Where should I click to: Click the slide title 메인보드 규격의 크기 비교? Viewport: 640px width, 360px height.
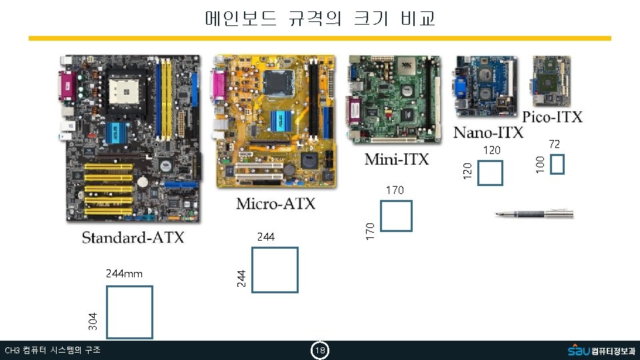[x=320, y=18]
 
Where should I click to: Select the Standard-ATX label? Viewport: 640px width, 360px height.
[x=133, y=237]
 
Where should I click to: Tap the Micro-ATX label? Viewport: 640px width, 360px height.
[x=275, y=203]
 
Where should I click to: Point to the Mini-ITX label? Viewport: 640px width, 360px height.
[x=397, y=159]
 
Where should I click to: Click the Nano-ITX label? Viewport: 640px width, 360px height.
[x=488, y=132]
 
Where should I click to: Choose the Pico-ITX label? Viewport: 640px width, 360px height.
[x=552, y=117]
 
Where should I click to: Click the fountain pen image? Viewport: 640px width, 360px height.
[x=533, y=214]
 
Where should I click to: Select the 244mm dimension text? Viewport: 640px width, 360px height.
[x=124, y=273]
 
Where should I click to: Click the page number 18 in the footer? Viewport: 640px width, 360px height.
[x=320, y=351]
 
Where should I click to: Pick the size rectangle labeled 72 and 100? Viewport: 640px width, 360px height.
[x=558, y=164]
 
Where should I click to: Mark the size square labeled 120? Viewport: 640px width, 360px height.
[x=491, y=173]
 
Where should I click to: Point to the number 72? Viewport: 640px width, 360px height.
[x=554, y=144]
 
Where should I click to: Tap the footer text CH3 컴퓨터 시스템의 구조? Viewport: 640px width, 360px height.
[x=52, y=351]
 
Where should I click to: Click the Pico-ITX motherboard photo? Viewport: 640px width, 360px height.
[x=551, y=81]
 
